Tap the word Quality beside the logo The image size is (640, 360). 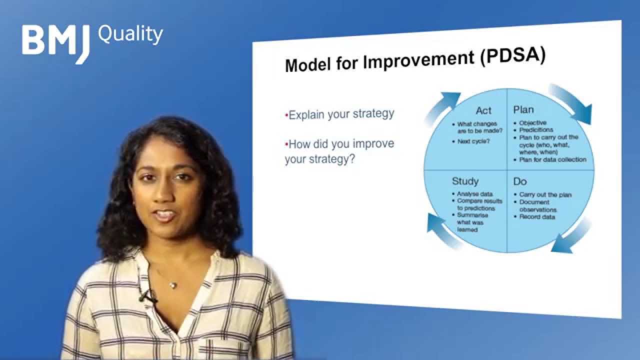tap(130, 34)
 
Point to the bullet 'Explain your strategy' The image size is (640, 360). tap(340, 114)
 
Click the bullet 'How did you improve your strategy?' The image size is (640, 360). tap(339, 151)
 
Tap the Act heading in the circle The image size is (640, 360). tap(483, 110)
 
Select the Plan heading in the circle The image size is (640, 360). tap(523, 109)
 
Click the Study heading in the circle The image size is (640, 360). tap(465, 181)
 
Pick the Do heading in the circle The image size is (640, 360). tap(520, 181)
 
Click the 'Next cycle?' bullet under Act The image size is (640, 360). tap(473, 141)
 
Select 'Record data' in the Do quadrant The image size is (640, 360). tap(537, 217)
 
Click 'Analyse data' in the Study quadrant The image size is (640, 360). tap(474, 194)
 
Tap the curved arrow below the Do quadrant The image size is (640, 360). tap(573, 239)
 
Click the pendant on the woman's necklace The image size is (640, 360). tap(172, 284)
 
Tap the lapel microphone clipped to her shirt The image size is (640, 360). tap(146, 296)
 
